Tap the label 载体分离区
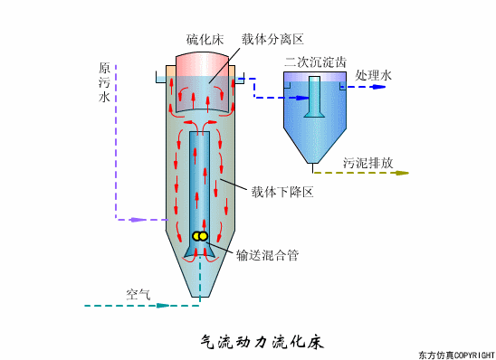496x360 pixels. (272, 40)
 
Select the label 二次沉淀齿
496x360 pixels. (313, 62)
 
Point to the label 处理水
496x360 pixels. (374, 77)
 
